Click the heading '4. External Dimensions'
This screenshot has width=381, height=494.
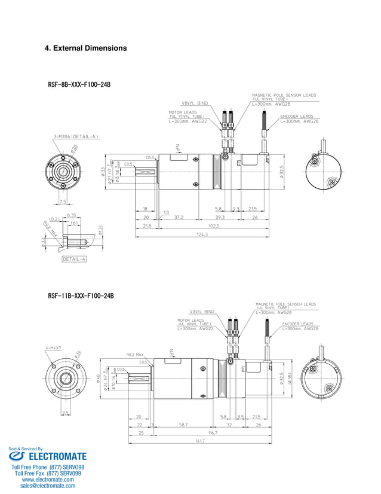click(86, 48)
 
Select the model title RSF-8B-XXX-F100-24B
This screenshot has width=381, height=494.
click(79, 85)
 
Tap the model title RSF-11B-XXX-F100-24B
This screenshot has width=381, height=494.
click(81, 295)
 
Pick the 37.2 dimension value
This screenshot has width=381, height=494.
click(179, 217)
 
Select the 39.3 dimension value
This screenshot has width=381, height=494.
click(219, 217)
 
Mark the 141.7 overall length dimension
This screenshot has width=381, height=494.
click(198, 441)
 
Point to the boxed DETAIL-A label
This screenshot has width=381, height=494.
click(74, 259)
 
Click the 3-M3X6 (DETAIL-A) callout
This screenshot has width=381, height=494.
click(76, 137)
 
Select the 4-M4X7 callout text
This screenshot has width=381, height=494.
click(54, 347)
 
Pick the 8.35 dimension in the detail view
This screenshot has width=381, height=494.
click(71, 215)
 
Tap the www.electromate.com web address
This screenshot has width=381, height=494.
click(48, 479)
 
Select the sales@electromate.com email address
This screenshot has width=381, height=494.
click(48, 486)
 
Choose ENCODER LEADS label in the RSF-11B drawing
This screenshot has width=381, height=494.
click(298, 324)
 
